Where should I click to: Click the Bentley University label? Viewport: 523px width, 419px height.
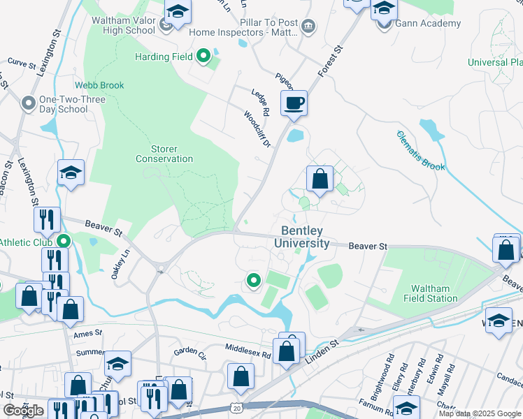coord(305,237)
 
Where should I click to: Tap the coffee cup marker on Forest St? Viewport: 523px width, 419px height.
coord(294,103)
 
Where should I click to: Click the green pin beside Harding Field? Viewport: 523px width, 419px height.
coord(203,56)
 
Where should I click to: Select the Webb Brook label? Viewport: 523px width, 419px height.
coord(100,86)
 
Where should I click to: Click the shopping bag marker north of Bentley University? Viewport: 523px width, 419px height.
coord(320,179)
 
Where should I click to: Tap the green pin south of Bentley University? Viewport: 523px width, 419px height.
coord(253,281)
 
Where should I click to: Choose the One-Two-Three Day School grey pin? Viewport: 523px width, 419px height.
coord(29,104)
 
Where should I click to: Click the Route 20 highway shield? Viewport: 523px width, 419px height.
coord(237,408)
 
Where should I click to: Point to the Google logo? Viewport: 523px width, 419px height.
coord(23,411)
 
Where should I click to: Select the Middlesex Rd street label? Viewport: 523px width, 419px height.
coord(248,350)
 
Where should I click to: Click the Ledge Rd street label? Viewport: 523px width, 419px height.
coord(260,101)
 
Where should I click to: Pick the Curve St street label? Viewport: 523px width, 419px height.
coord(22,64)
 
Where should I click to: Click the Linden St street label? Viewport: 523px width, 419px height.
coord(323,344)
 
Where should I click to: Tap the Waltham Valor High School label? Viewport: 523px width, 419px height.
coord(123,25)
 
